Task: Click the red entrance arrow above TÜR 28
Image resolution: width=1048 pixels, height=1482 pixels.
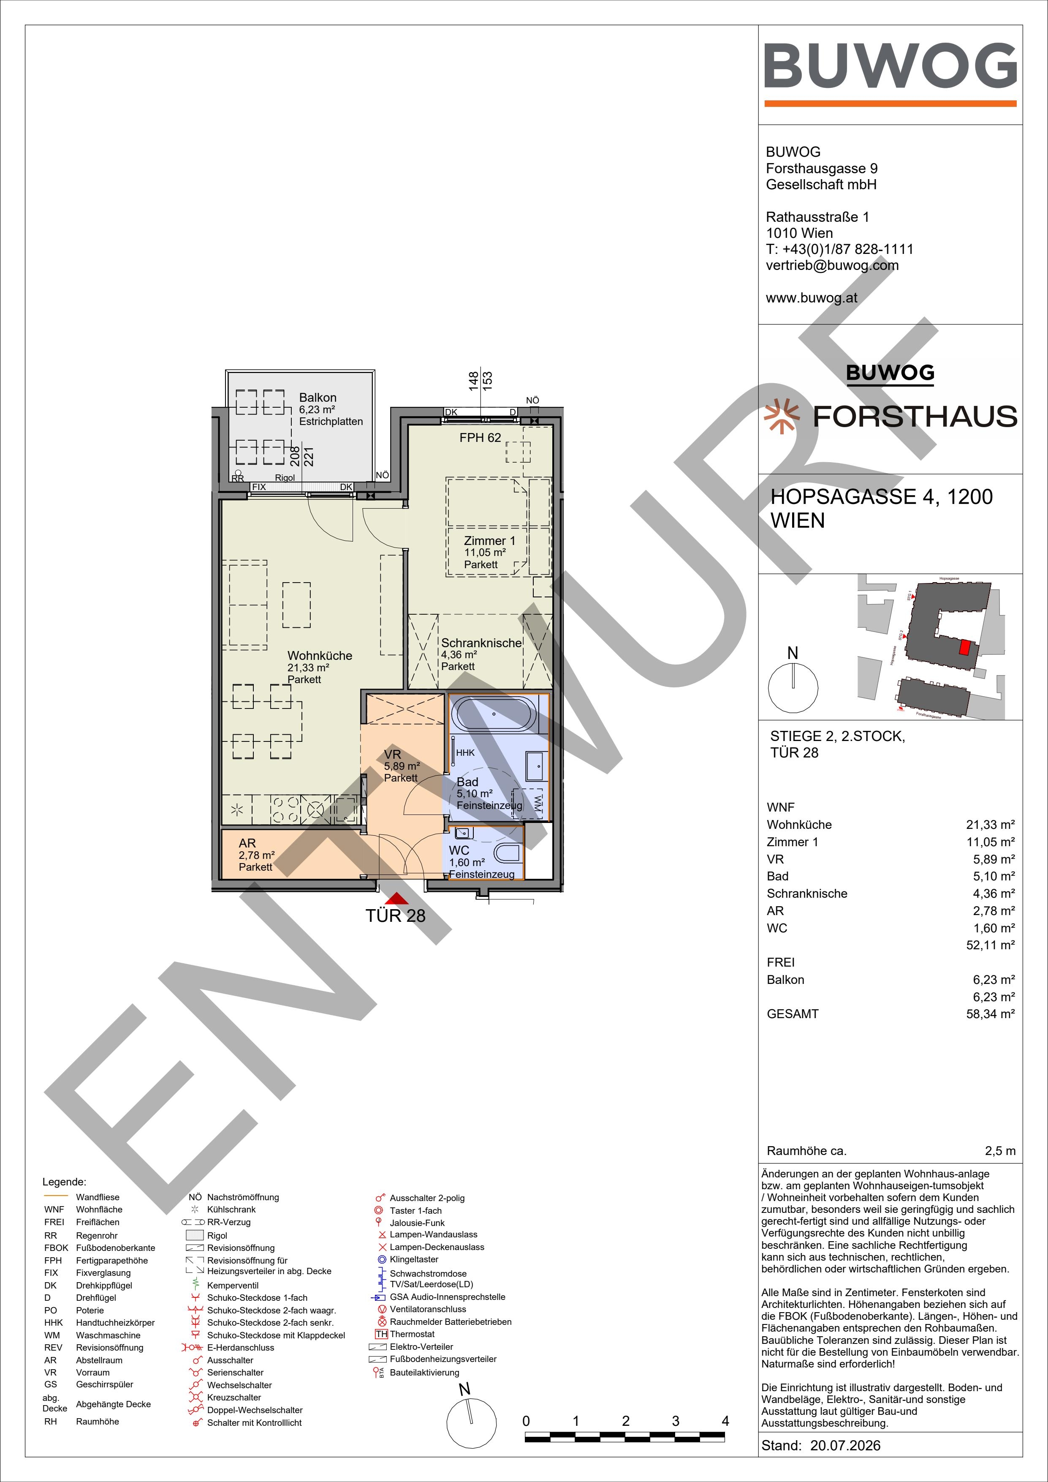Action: coord(396,898)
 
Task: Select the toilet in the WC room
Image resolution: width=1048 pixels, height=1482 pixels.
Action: coord(508,855)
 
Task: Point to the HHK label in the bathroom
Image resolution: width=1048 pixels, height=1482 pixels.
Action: coord(465,753)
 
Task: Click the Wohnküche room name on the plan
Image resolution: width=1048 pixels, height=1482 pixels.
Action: coord(320,656)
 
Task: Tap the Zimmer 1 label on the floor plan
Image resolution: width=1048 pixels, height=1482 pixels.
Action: coord(490,541)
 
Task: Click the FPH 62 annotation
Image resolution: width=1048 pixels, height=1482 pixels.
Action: coord(480,438)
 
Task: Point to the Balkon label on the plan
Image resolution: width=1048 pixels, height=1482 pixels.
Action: coord(318,398)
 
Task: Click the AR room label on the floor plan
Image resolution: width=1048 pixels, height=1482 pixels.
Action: coord(247,843)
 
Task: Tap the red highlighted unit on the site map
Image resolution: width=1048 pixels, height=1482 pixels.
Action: coord(965,647)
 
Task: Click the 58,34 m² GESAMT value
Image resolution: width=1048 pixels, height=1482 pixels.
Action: coord(991,1014)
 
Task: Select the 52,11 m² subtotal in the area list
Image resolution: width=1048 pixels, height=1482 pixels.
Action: coord(991,945)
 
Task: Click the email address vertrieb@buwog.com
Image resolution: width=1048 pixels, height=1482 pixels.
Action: coord(832,265)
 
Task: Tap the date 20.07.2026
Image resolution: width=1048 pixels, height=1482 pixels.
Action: coord(845,1445)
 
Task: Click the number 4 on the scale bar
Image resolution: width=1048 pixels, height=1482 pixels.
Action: coord(725,1421)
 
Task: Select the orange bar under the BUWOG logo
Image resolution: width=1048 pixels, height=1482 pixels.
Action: coord(891,103)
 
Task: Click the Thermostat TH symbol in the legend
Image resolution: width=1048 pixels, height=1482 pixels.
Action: coord(381,1334)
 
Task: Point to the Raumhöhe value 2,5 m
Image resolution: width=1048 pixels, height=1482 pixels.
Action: coord(1000,1151)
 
